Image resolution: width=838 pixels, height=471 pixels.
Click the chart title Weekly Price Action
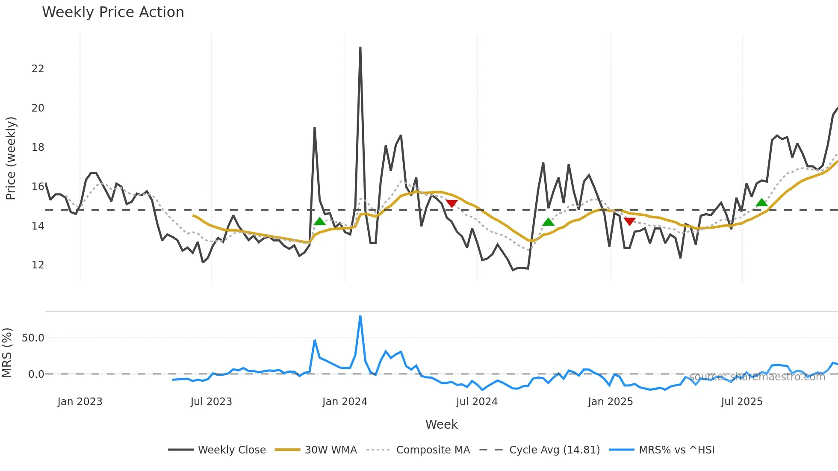[x=113, y=12]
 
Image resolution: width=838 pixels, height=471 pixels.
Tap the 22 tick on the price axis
[x=38, y=69]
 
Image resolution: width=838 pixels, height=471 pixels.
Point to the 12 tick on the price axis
[x=38, y=265]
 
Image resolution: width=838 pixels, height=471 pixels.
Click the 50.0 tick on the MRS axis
[x=33, y=338]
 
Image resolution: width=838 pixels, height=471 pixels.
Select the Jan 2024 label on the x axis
[x=345, y=402]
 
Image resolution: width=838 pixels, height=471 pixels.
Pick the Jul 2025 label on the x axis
[x=741, y=402]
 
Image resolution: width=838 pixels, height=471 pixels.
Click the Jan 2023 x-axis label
[x=80, y=402]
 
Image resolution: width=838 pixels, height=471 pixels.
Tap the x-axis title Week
[x=441, y=424]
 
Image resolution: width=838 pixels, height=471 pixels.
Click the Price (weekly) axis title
[x=11, y=158]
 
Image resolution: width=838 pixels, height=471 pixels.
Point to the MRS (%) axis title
[x=7, y=353]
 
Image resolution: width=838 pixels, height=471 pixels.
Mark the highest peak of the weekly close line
[x=360, y=48]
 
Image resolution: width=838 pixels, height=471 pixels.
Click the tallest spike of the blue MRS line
[x=360, y=317]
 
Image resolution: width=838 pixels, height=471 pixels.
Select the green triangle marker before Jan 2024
[x=319, y=221]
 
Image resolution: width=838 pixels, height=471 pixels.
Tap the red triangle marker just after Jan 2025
[x=629, y=221]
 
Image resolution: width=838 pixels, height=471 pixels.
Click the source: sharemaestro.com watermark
[x=757, y=377]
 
